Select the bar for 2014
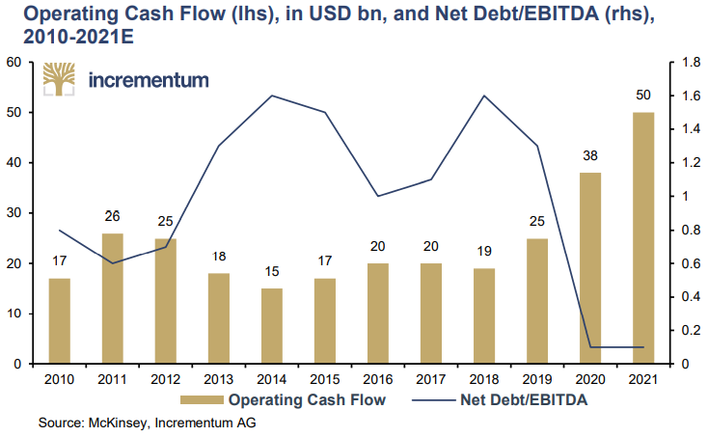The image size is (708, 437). [x=272, y=326]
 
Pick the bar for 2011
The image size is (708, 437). [x=113, y=298]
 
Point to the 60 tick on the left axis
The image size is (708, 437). [x=14, y=63]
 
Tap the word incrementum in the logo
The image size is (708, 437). [x=148, y=80]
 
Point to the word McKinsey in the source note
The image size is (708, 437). [x=120, y=423]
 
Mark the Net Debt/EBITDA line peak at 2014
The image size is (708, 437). [x=272, y=96]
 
